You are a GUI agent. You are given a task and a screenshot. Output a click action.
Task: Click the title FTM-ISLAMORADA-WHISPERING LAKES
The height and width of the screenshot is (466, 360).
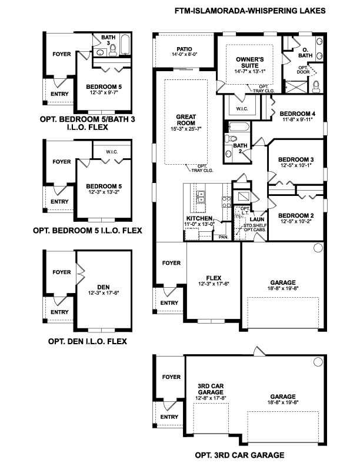point(250,11)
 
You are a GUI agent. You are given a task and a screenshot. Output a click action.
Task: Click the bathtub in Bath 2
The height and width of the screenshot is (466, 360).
point(239,127)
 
